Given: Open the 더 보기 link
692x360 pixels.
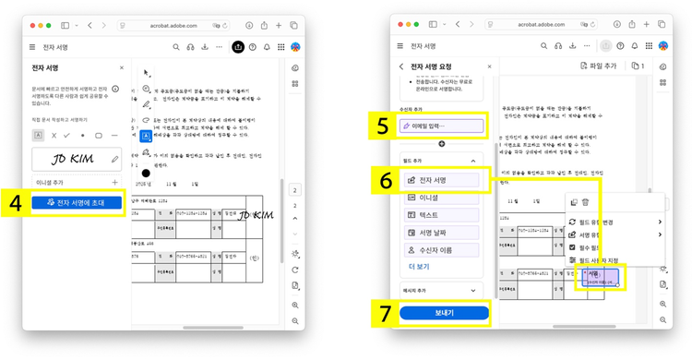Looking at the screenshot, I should pyautogui.click(x=419, y=266).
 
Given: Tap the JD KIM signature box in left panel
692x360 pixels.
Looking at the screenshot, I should pyautogui.click(x=76, y=159).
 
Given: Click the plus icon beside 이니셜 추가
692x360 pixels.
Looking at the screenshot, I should pyautogui.click(x=115, y=183).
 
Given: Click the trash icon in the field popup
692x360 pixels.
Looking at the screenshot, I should pyautogui.click(x=585, y=202).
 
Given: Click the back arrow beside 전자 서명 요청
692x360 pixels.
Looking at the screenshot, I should pyautogui.click(x=401, y=66).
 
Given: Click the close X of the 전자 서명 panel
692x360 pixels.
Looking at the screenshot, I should pyautogui.click(x=121, y=67).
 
